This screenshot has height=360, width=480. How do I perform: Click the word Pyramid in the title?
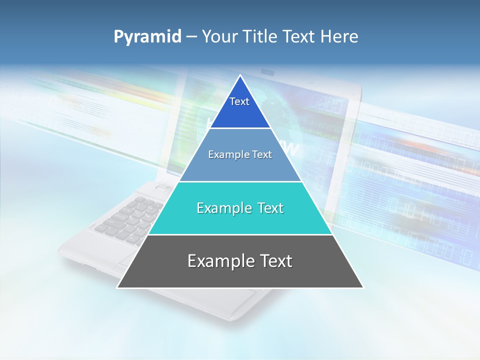pos(147,36)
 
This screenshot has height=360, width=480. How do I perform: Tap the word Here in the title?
pos(340,36)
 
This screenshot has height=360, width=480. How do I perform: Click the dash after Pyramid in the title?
pos(191,37)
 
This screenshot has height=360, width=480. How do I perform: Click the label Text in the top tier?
pos(239,101)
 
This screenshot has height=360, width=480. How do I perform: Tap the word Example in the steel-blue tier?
pos(226,154)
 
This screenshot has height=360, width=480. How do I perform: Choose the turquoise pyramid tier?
pos(240,220)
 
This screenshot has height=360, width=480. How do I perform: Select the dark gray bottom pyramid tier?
pos(240,275)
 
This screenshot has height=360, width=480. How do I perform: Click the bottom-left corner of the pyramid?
pos(118,287)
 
